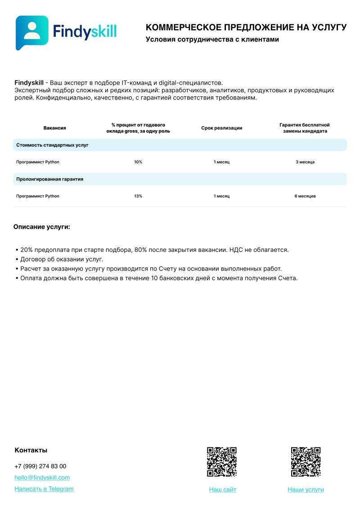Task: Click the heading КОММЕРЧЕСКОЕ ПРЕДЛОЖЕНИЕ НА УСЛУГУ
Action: (246, 27)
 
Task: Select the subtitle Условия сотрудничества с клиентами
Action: (212, 40)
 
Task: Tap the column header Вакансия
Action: (55, 128)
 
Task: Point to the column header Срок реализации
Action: (221, 128)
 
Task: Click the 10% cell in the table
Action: (138, 162)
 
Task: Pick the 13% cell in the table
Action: (138, 196)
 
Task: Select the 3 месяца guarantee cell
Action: (305, 162)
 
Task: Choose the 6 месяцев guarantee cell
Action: (305, 196)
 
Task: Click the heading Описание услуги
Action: (42, 227)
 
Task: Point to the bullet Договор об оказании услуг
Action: (62, 259)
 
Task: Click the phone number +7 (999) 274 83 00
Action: (40, 466)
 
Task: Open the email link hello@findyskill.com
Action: (42, 477)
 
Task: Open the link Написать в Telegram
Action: (44, 489)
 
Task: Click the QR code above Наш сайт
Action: (222, 462)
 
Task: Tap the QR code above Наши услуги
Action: (306, 462)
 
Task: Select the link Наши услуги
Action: (306, 490)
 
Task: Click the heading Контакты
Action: (31, 450)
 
